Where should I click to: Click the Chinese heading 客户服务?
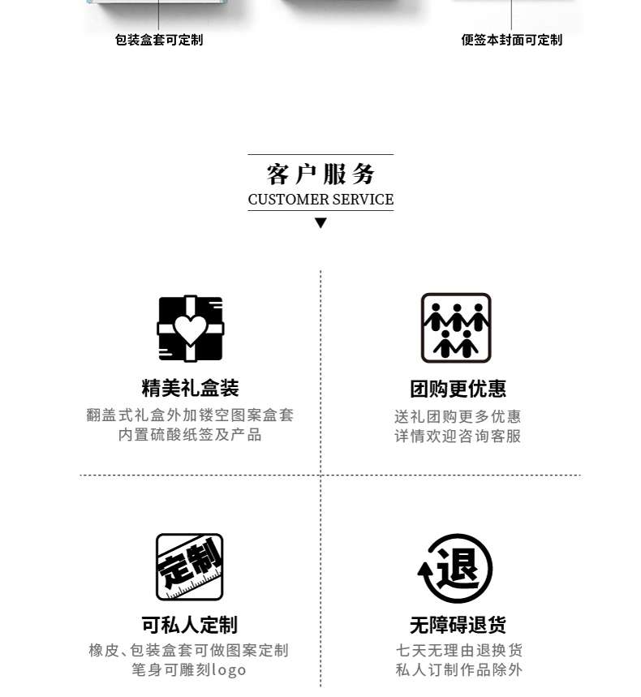320,174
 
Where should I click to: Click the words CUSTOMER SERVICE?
320,200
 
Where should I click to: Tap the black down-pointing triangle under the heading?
320,223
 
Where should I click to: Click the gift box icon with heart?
190,329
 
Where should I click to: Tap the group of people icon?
456,328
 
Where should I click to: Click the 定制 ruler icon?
189,566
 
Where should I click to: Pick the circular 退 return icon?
456,568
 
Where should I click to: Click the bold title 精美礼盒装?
190,388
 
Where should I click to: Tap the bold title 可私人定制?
189,625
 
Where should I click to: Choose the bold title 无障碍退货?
458,626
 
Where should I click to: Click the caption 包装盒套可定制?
159,40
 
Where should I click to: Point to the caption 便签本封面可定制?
511,40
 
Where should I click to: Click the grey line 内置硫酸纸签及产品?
190,435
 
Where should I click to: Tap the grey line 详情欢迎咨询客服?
458,436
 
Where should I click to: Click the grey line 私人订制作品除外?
458,670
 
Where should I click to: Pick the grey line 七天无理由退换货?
458,651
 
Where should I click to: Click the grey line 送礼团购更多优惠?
458,416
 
